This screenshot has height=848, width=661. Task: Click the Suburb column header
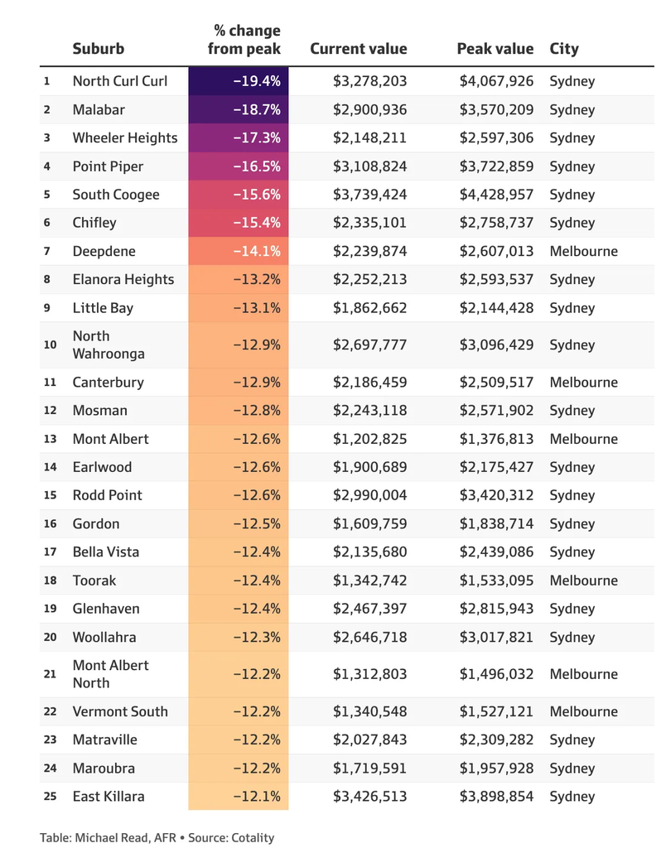[x=99, y=49]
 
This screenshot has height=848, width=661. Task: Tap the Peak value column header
[x=495, y=49]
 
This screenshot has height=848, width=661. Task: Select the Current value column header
[x=358, y=49]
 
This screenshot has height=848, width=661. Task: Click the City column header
[x=564, y=49]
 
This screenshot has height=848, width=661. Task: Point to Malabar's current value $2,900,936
[x=369, y=110]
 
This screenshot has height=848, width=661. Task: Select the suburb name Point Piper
[x=108, y=166]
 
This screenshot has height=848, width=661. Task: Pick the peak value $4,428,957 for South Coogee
[x=496, y=195]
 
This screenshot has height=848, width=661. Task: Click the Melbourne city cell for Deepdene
[x=584, y=251]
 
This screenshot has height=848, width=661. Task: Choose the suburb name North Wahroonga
[x=109, y=345]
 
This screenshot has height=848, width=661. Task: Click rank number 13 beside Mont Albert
[x=50, y=439]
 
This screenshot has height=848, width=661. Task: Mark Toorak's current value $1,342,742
[x=369, y=581]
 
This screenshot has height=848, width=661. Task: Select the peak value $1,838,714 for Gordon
[x=496, y=523]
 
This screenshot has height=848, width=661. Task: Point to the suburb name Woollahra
[x=104, y=637]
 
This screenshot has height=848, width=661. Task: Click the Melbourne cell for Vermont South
[x=584, y=711]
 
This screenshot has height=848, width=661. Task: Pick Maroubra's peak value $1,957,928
[x=496, y=768]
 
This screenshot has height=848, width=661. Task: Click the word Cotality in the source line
[x=253, y=838]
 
